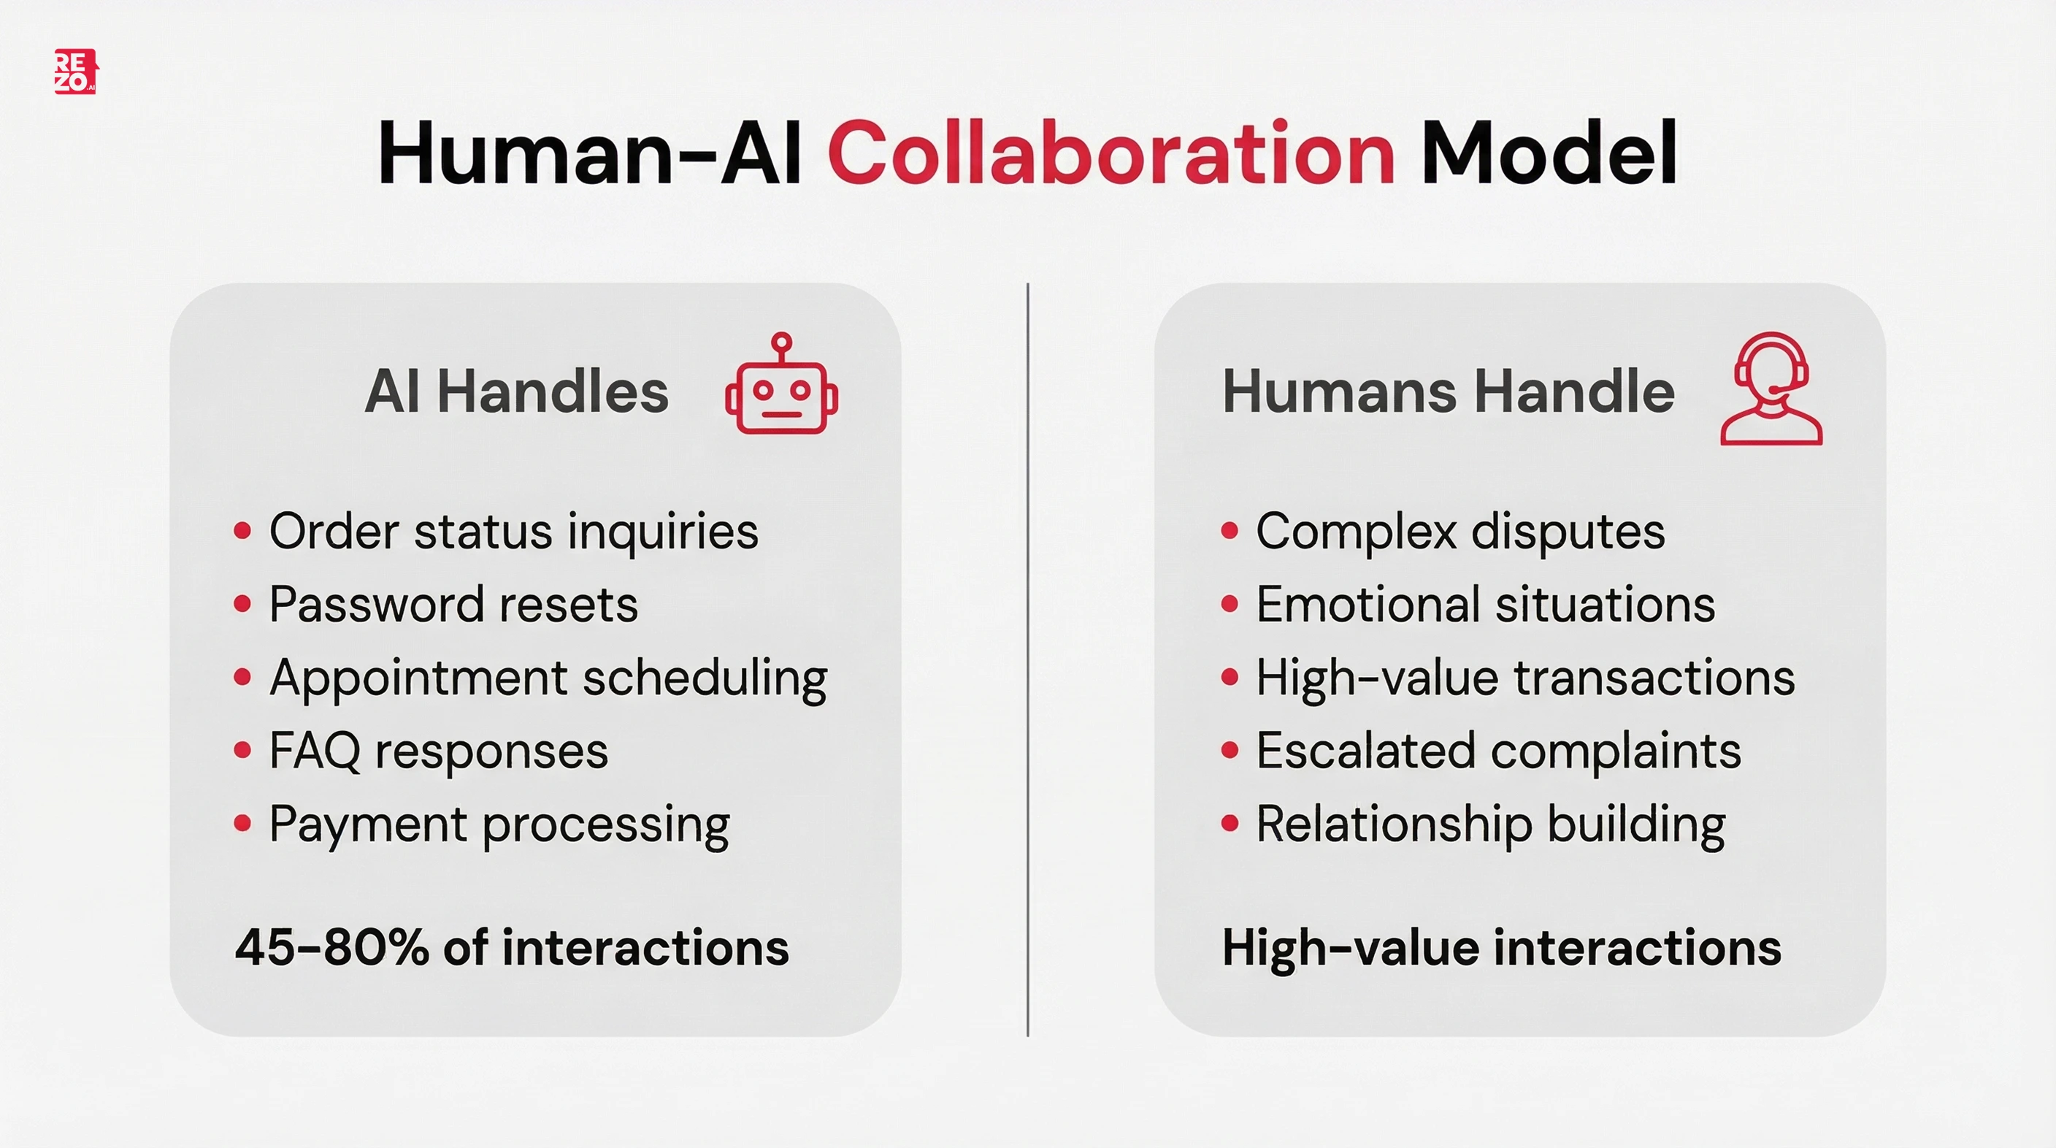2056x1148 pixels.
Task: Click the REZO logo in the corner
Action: tap(75, 72)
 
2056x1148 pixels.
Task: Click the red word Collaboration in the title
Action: tap(1111, 153)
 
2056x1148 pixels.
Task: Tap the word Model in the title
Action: tap(1549, 153)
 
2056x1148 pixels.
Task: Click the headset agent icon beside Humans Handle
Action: tap(1771, 389)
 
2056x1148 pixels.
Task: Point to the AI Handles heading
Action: tap(516, 391)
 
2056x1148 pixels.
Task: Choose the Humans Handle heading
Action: tap(1448, 391)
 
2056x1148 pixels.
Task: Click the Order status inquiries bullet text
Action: tap(513, 532)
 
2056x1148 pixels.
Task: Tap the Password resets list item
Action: tap(453, 605)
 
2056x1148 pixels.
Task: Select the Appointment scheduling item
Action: tap(548, 678)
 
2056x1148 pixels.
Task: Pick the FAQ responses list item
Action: tap(438, 751)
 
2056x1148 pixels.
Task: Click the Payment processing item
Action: tap(499, 824)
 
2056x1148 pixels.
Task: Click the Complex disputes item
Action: tap(1459, 532)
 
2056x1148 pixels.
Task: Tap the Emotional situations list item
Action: tap(1484, 605)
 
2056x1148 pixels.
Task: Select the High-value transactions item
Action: tap(1524, 678)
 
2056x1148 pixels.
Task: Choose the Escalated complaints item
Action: tap(1497, 751)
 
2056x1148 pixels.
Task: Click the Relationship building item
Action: tap(1490, 824)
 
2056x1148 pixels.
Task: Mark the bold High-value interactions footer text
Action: tap(1501, 948)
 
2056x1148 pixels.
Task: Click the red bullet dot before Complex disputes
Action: tap(1230, 531)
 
